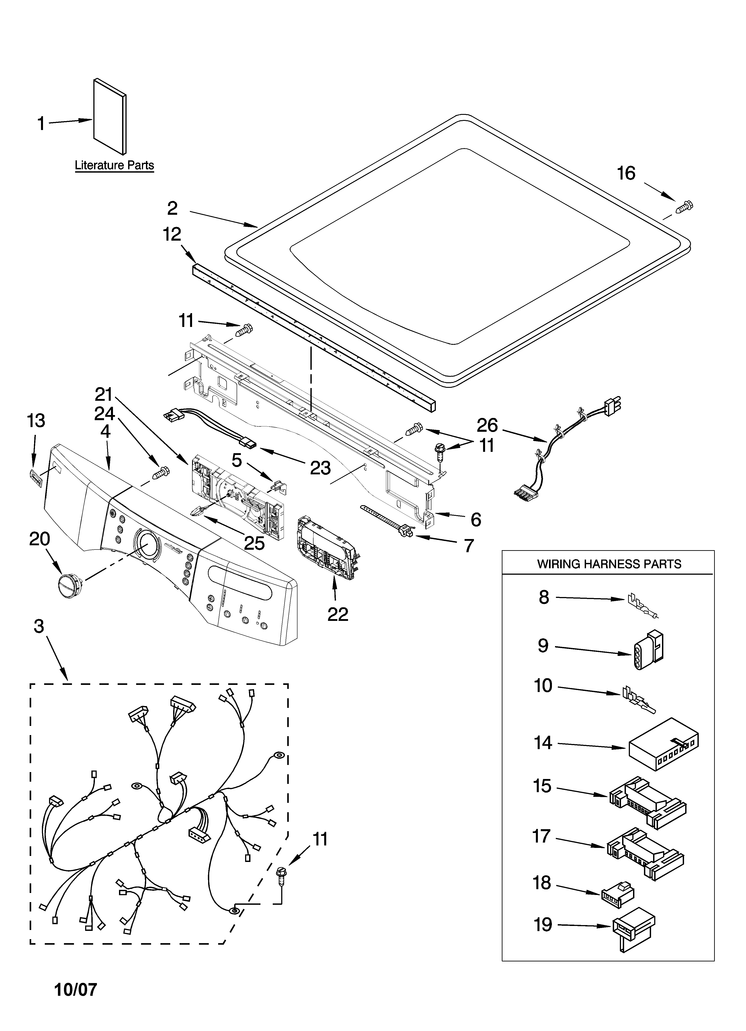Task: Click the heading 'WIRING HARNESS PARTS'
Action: pyautogui.click(x=609, y=564)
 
